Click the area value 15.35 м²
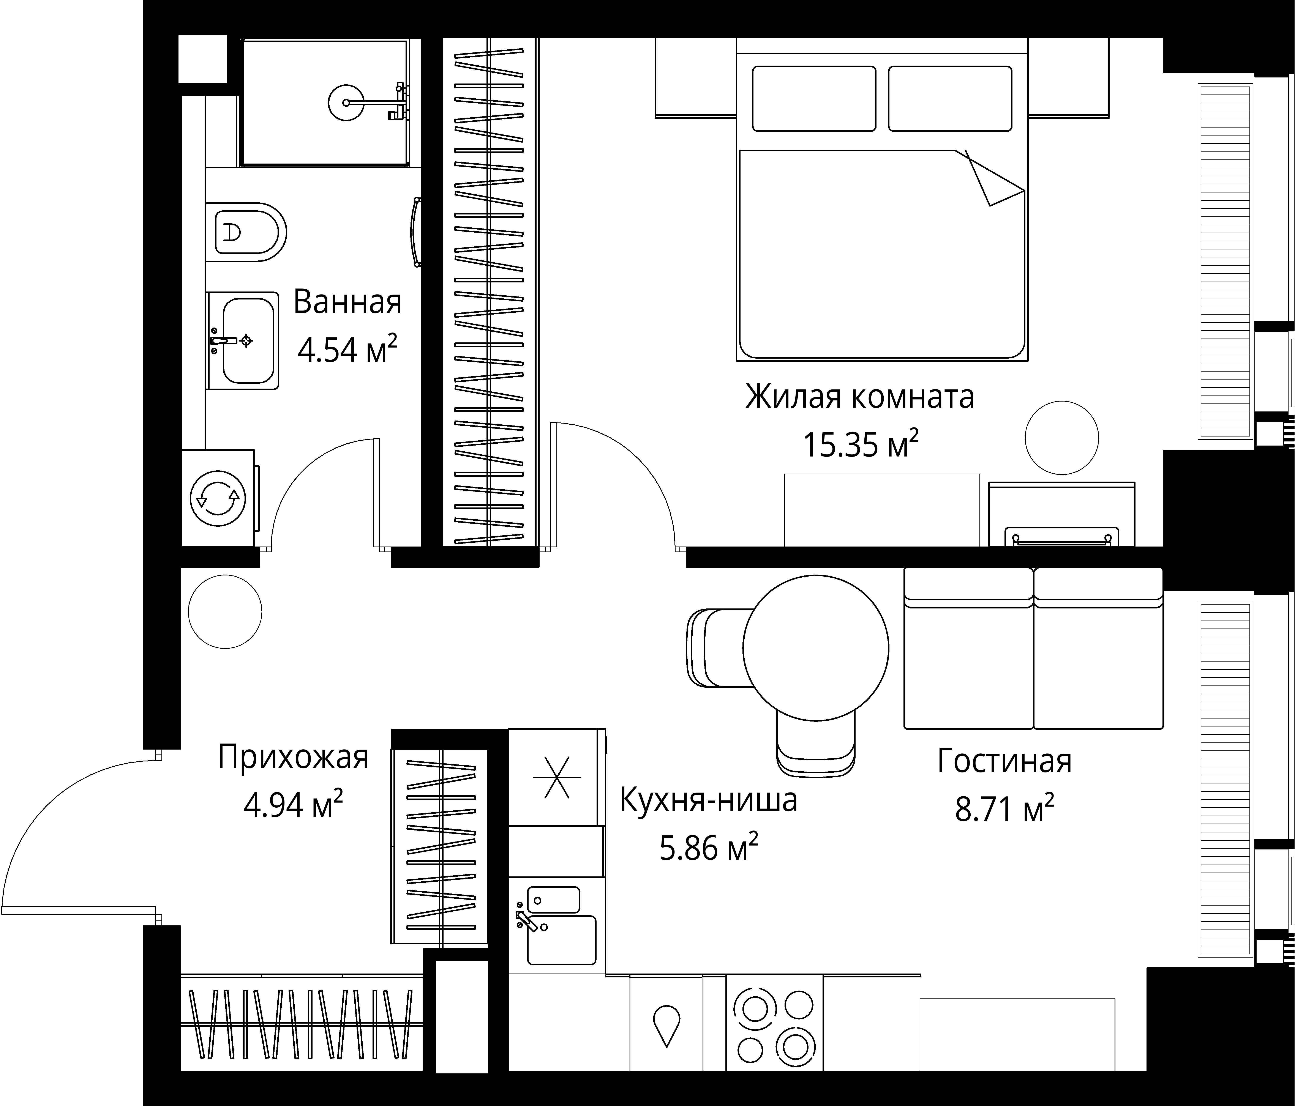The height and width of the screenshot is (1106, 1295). tap(861, 444)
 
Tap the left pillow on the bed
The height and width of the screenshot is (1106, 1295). tap(814, 99)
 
